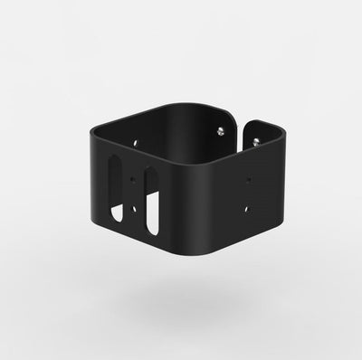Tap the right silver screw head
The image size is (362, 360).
click(257, 141)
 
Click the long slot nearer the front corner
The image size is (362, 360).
click(151, 200)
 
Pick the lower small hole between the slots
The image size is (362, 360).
click(134, 210)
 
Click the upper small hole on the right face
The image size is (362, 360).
click(250, 180)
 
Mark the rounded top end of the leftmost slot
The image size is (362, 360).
click(114, 160)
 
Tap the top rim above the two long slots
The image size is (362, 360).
click(136, 152)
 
